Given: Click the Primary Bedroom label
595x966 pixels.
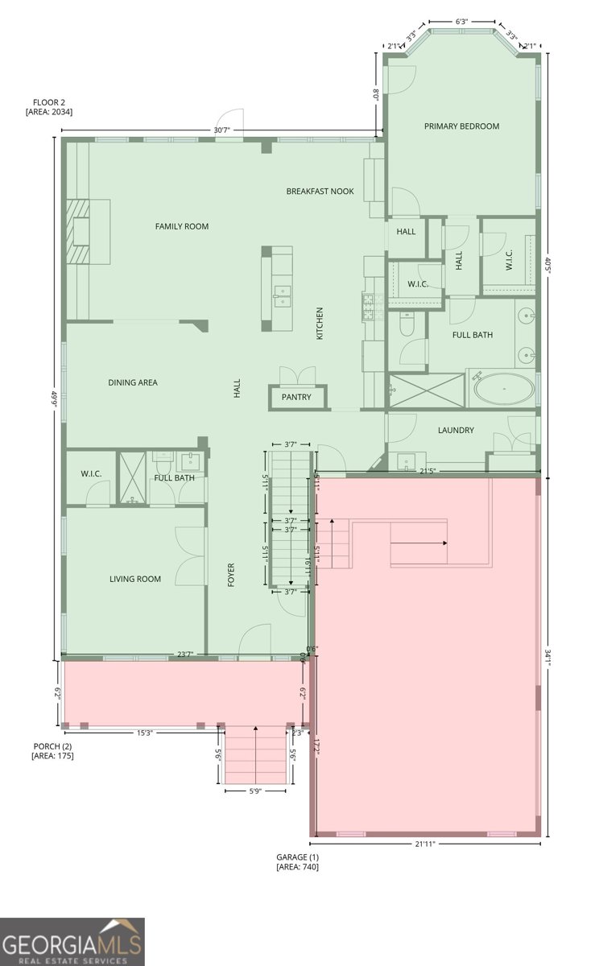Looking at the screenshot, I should click(x=461, y=126).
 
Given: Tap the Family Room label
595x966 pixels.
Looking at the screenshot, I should click(x=182, y=226).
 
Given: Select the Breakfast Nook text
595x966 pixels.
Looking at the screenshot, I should click(x=320, y=192).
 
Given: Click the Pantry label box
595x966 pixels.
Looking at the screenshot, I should click(x=296, y=398).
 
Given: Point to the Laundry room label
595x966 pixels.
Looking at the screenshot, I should click(x=456, y=431).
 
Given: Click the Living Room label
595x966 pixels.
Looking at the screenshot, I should click(x=135, y=579).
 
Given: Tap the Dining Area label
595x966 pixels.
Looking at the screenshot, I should click(x=133, y=382).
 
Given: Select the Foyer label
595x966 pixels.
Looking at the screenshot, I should click(x=232, y=575).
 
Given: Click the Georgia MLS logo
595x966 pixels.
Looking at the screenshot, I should click(x=72, y=941).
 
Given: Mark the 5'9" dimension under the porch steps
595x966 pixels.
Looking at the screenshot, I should click(x=254, y=791).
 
